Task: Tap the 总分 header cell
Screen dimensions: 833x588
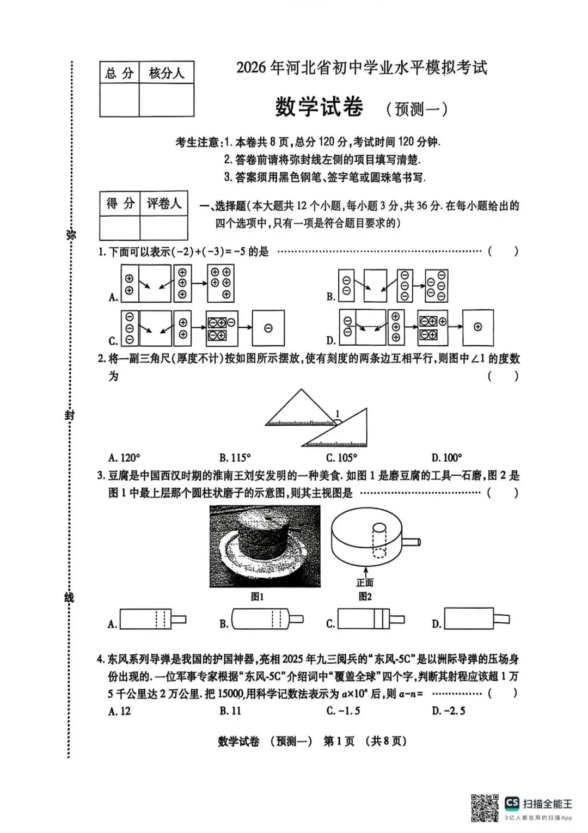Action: (119, 73)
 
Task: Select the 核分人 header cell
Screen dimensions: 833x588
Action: (167, 73)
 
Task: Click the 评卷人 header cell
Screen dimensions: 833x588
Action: (164, 204)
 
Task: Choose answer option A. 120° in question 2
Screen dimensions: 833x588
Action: (124, 457)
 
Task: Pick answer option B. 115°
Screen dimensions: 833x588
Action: (235, 457)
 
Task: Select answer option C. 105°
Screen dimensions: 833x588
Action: (342, 457)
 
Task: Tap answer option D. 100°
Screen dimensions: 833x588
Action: (446, 457)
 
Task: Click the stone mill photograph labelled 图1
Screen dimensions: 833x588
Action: (265, 546)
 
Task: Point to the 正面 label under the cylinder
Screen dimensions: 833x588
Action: (365, 583)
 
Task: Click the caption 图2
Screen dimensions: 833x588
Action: (365, 597)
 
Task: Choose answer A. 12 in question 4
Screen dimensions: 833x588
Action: (120, 711)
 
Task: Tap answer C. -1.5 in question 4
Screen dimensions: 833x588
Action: (343, 711)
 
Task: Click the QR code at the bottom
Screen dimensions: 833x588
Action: (485, 808)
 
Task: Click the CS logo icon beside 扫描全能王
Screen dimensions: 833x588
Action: (512, 803)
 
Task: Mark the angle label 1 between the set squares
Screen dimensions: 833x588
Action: (337, 414)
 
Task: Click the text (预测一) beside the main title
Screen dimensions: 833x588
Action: (417, 109)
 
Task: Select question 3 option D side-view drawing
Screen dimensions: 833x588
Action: (477, 619)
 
